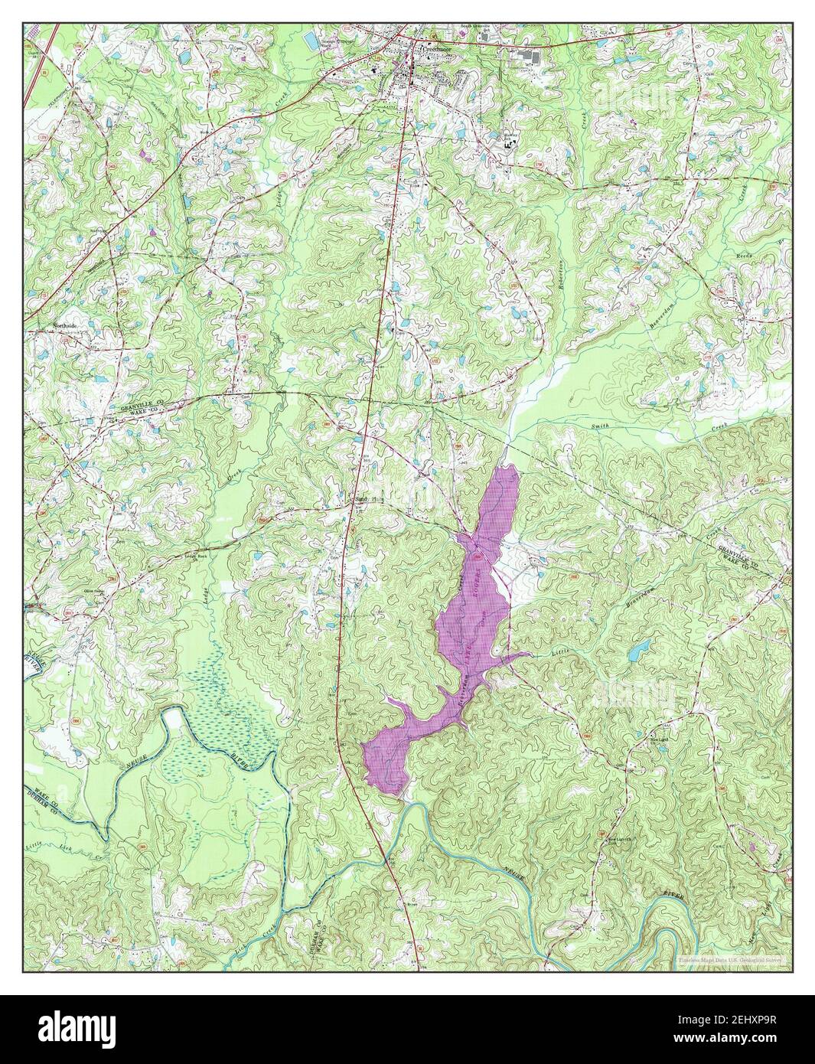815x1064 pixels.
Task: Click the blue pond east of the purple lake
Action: [637, 651]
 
